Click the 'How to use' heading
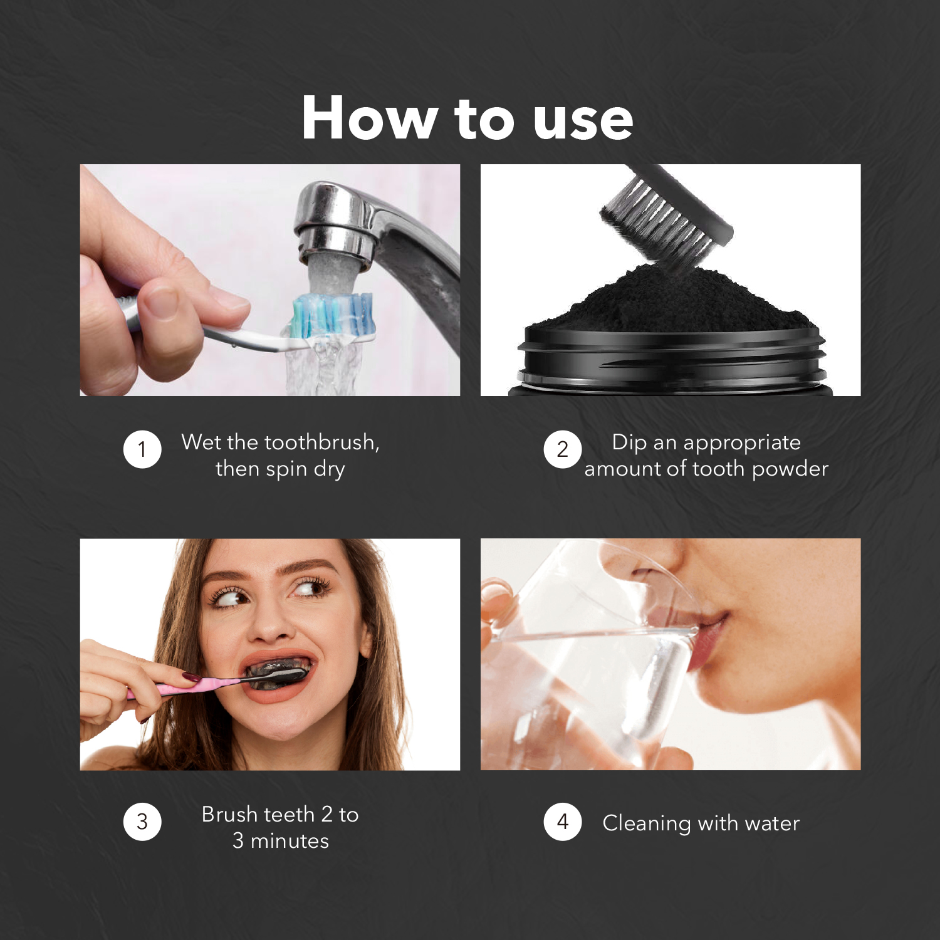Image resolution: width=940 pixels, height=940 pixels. point(467,118)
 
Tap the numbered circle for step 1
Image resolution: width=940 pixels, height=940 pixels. point(142,449)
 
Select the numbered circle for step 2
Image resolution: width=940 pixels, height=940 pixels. point(562,449)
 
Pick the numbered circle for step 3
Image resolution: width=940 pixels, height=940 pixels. point(142,822)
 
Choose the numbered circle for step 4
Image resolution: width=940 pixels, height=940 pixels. point(562,822)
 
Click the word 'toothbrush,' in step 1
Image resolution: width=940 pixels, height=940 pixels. point(322,442)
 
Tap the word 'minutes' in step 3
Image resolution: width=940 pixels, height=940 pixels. point(290,841)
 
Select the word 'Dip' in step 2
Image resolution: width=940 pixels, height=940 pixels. point(629,443)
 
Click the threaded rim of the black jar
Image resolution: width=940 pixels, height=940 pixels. point(671,360)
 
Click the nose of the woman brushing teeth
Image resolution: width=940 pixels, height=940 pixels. point(271,627)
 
